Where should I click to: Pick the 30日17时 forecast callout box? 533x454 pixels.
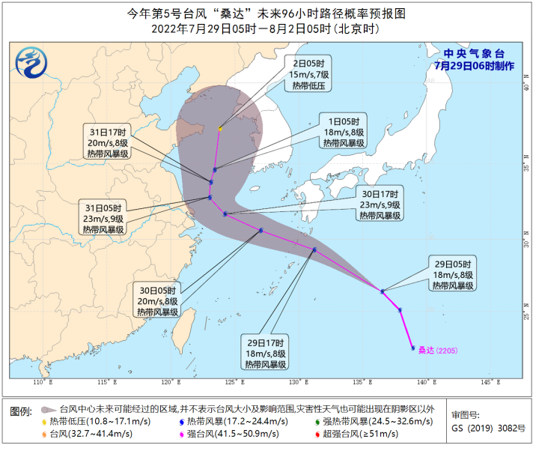(380, 204)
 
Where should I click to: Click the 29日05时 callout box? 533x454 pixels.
(454, 274)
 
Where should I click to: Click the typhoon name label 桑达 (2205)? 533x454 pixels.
(436, 349)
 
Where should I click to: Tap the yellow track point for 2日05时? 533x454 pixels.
(220, 129)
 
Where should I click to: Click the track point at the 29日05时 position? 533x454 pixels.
(383, 291)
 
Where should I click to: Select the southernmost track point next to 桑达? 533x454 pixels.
(412, 348)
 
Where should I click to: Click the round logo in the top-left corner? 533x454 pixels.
(31, 59)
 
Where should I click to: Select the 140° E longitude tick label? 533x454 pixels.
(424, 383)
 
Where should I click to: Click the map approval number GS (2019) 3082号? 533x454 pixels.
(489, 428)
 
